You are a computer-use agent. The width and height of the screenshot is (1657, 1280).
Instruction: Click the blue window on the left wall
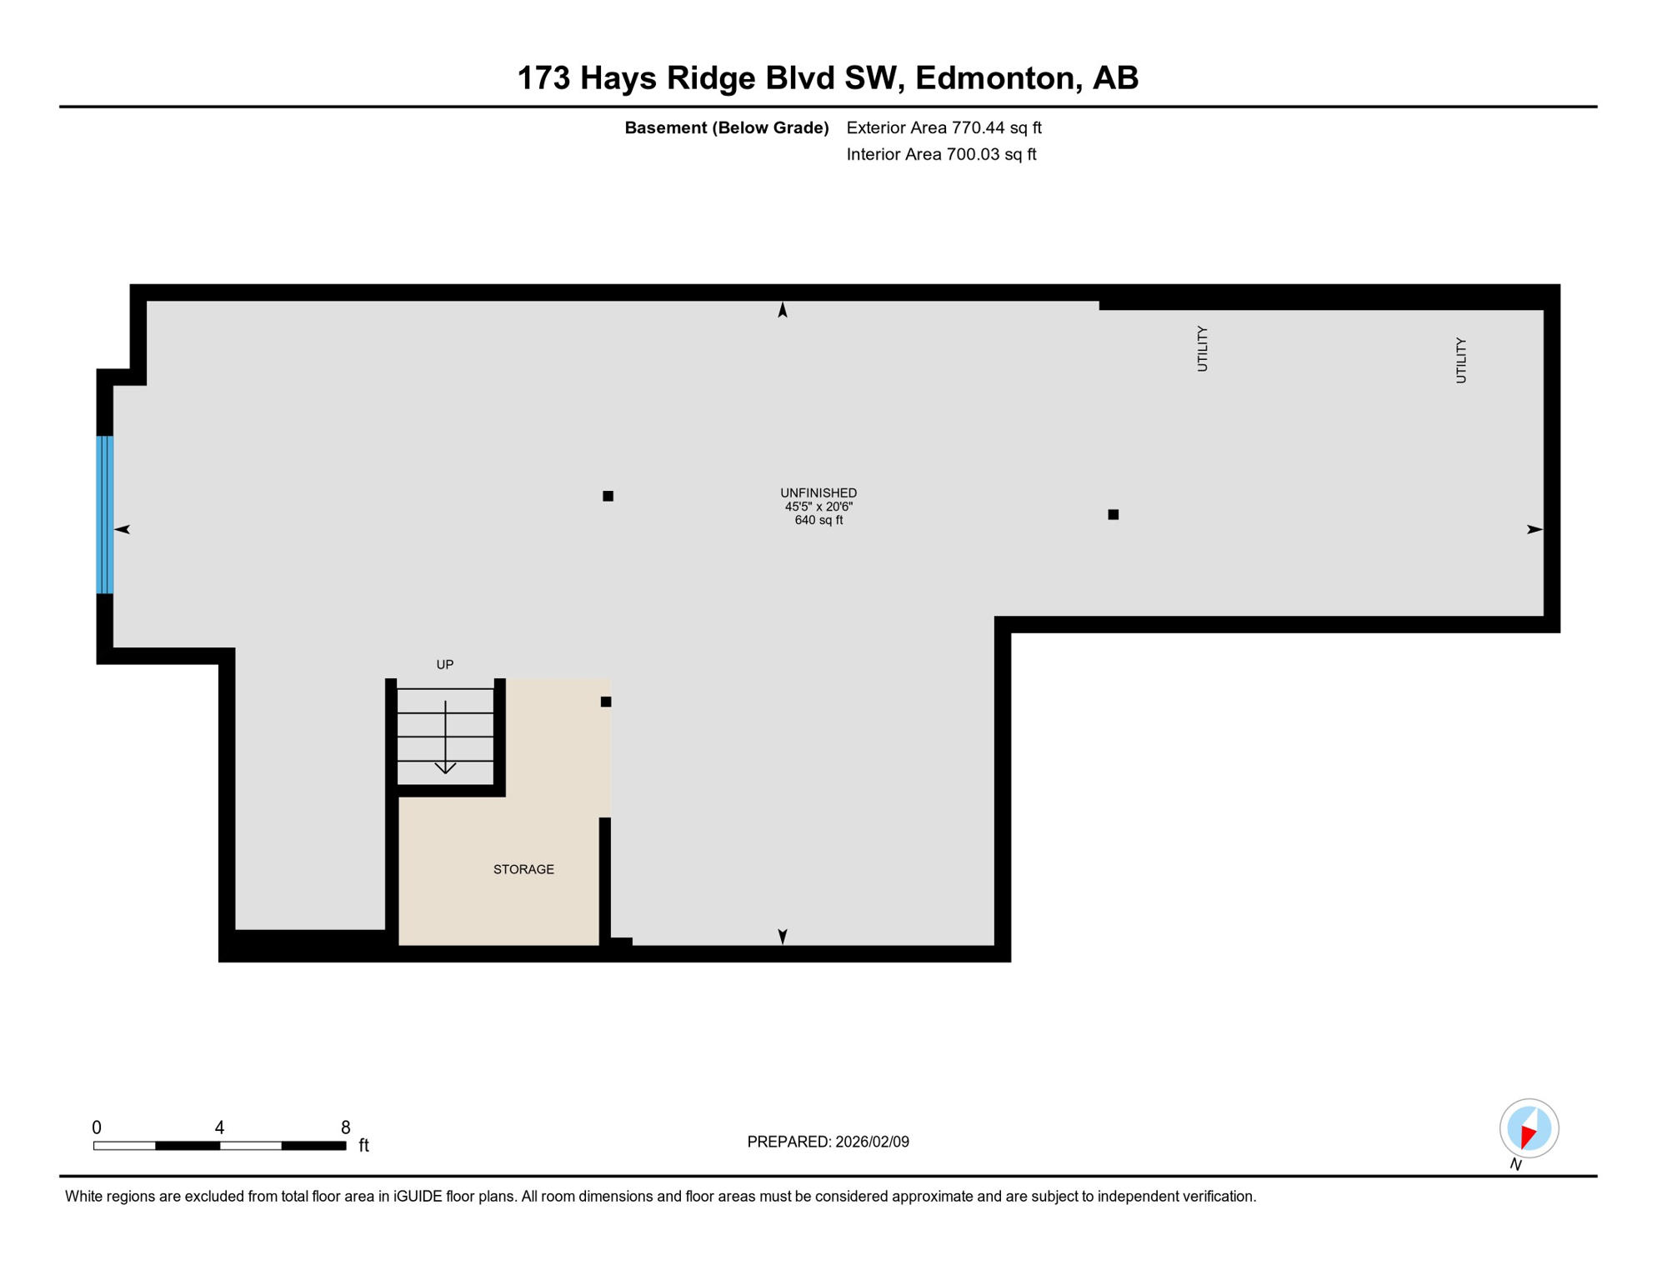point(105,514)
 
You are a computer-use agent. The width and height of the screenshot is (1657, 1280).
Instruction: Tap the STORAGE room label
point(523,869)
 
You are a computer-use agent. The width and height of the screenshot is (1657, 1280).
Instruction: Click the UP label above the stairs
point(445,664)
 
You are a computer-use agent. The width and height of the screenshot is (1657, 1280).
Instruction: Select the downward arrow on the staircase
point(445,738)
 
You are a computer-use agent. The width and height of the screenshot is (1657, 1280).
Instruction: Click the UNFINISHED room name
point(818,492)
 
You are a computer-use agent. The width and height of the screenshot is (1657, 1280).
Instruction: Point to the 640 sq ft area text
point(818,520)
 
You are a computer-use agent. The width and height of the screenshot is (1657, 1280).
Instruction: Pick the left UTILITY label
point(1202,348)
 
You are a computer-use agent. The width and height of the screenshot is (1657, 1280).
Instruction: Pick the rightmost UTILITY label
point(1460,360)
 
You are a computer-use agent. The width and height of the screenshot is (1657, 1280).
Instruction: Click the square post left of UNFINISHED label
point(608,496)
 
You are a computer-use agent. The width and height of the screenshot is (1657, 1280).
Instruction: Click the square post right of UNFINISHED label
point(1113,514)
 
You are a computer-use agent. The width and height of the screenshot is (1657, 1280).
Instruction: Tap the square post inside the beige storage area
point(606,702)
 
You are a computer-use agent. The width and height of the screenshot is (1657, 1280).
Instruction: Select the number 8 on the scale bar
point(345,1127)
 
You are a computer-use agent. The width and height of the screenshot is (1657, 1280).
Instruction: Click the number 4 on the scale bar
point(219,1127)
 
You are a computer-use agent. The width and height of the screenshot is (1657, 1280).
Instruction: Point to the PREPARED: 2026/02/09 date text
point(828,1142)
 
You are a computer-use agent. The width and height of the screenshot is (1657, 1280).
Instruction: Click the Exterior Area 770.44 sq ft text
point(944,127)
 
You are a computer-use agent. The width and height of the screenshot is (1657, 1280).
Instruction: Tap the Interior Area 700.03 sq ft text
point(941,154)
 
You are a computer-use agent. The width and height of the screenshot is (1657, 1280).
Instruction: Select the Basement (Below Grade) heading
point(726,127)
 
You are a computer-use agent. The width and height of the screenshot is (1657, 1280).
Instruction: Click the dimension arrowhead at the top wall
point(783,310)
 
